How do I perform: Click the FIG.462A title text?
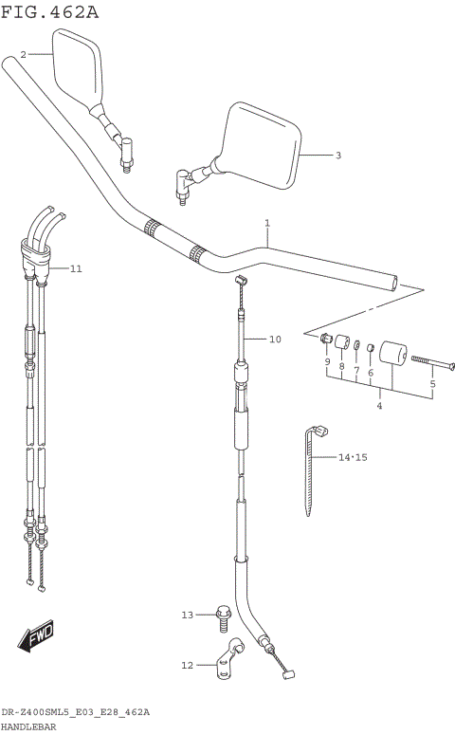pyautogui.click(x=49, y=12)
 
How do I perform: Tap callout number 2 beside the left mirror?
pyautogui.click(x=24, y=54)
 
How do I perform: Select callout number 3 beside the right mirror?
pyautogui.click(x=337, y=155)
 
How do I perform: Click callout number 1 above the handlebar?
pyautogui.click(x=267, y=224)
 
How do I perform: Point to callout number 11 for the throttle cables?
pyautogui.click(x=76, y=268)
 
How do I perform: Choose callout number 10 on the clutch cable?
pyautogui.click(x=275, y=339)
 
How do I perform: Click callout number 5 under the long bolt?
pyautogui.click(x=432, y=384)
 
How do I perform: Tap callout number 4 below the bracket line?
pyautogui.click(x=379, y=406)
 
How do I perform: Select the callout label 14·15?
pyautogui.click(x=353, y=457)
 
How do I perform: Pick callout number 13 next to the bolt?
pyautogui.click(x=187, y=616)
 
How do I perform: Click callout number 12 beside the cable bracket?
pyautogui.click(x=187, y=665)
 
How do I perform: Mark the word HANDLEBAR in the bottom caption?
pyautogui.click(x=29, y=726)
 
